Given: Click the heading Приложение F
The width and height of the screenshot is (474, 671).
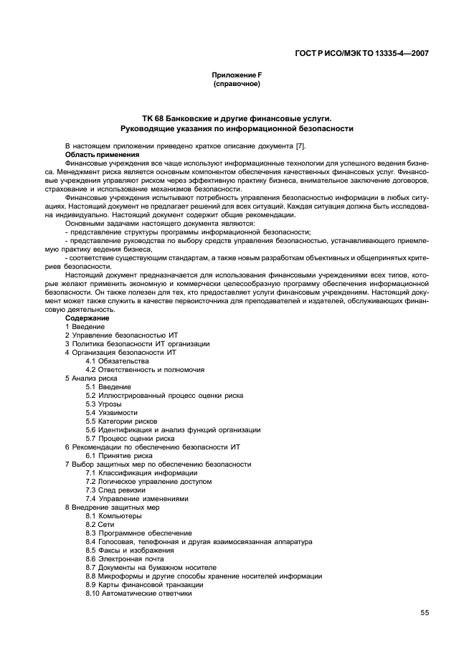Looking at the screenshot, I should [x=236, y=75].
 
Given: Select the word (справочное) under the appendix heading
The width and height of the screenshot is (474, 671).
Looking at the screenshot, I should [x=236, y=84].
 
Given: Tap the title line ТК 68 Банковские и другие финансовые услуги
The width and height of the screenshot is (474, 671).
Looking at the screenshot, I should [x=236, y=118].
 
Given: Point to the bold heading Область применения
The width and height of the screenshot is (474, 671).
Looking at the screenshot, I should [x=102, y=154].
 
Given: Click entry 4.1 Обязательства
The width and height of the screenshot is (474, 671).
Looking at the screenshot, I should [x=117, y=361].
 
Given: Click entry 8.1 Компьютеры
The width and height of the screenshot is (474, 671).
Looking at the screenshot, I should [x=113, y=515].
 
